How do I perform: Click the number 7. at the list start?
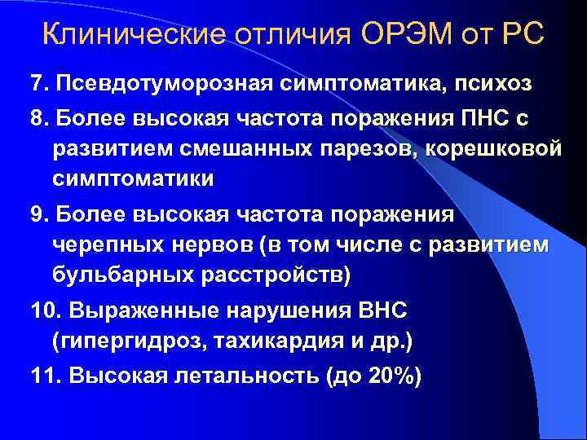[39, 83]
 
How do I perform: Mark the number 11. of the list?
[46, 376]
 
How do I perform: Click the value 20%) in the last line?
[391, 376]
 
